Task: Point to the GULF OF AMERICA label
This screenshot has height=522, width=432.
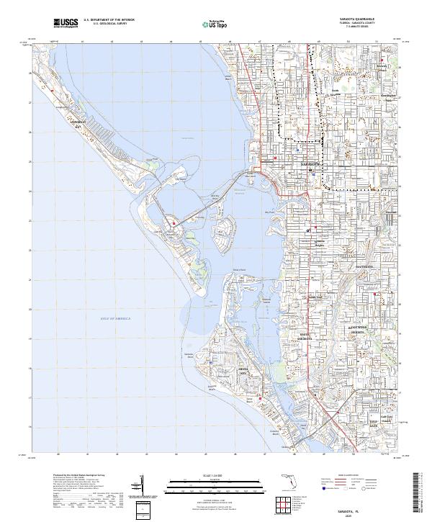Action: [x=115, y=318]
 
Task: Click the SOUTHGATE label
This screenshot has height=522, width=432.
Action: [x=365, y=266]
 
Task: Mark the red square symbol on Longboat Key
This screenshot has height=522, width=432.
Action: [x=53, y=91]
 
